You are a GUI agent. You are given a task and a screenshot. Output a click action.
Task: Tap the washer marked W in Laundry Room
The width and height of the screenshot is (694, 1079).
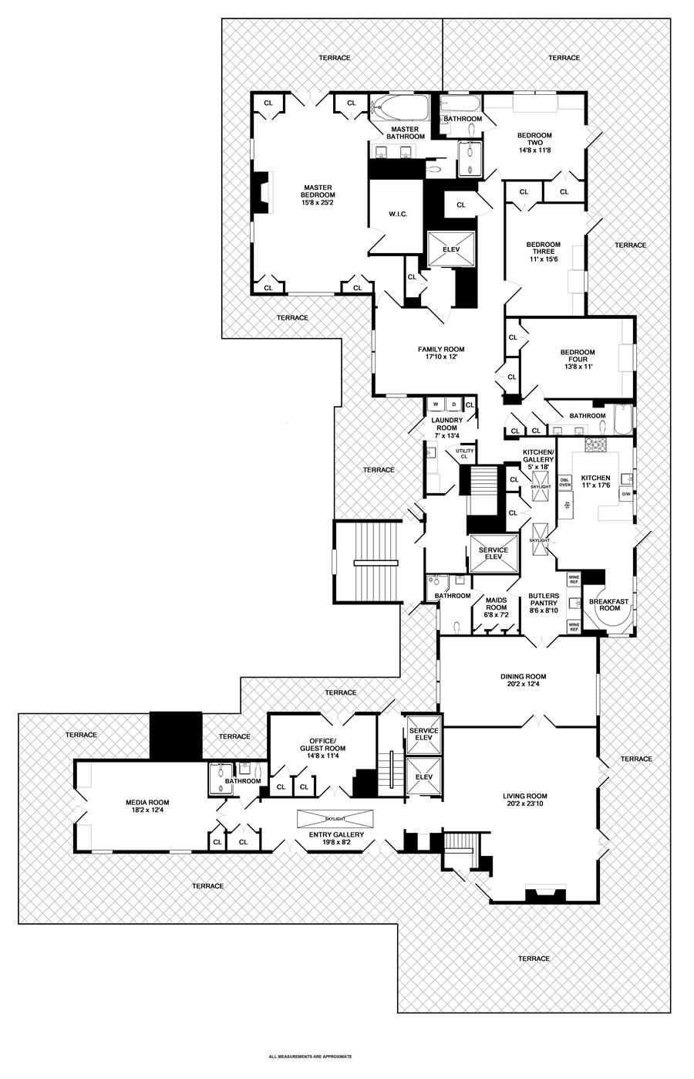[x=435, y=404]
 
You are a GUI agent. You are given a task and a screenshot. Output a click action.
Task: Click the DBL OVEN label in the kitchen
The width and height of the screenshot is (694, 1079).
[x=564, y=482]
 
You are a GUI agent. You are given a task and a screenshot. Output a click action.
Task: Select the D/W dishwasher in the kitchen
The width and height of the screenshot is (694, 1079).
[x=625, y=494]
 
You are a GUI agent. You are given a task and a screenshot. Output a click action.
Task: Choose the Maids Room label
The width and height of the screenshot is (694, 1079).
[x=497, y=600]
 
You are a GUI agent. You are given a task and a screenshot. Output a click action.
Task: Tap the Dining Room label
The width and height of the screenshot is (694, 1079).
[x=523, y=677]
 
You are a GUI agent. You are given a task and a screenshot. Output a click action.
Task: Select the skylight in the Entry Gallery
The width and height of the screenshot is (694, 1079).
[x=335, y=817]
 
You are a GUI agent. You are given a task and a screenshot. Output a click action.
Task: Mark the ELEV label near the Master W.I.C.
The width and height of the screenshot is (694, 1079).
[x=450, y=249]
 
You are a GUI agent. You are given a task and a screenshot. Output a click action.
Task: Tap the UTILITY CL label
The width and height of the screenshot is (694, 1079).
[x=464, y=454]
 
